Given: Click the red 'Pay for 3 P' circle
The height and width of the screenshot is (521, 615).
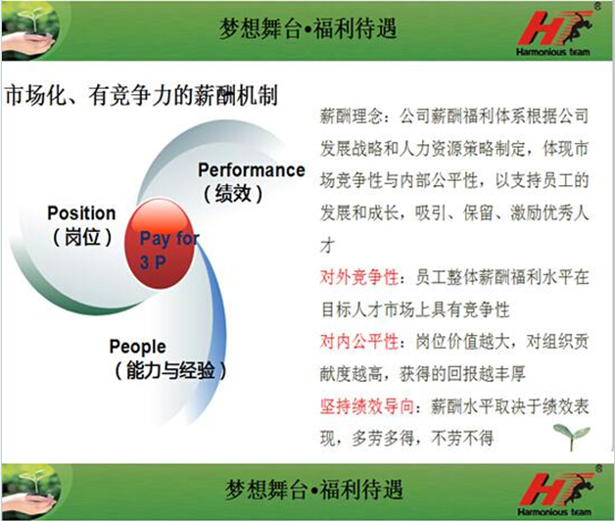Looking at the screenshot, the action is [160, 244].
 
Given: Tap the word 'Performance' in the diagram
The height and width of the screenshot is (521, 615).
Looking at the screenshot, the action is [252, 170].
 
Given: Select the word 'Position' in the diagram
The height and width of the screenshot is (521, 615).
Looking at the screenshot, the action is [81, 213].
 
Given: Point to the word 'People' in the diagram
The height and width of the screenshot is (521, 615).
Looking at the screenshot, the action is [138, 348].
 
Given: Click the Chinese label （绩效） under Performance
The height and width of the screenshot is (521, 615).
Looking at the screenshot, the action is [233, 193].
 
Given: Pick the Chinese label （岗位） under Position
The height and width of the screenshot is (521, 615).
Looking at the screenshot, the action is [82, 237].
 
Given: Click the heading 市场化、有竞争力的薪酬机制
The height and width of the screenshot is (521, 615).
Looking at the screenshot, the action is [141, 95].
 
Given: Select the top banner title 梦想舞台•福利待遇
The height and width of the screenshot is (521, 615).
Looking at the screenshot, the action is [308, 29].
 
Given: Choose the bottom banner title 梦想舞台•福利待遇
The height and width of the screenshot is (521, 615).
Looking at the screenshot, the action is [313, 490].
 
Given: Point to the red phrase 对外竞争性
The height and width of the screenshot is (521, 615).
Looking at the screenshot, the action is [358, 277].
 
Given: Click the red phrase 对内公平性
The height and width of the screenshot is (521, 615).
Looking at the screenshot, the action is [358, 342].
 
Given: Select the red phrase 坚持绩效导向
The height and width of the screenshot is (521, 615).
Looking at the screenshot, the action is [366, 406].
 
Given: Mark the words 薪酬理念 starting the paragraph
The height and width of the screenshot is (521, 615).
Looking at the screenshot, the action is [352, 117].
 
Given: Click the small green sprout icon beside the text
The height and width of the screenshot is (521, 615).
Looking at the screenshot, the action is [572, 436].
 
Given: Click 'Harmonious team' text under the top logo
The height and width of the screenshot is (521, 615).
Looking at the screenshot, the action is [553, 52].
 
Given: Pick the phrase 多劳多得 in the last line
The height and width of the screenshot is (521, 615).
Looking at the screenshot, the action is [383, 438].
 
